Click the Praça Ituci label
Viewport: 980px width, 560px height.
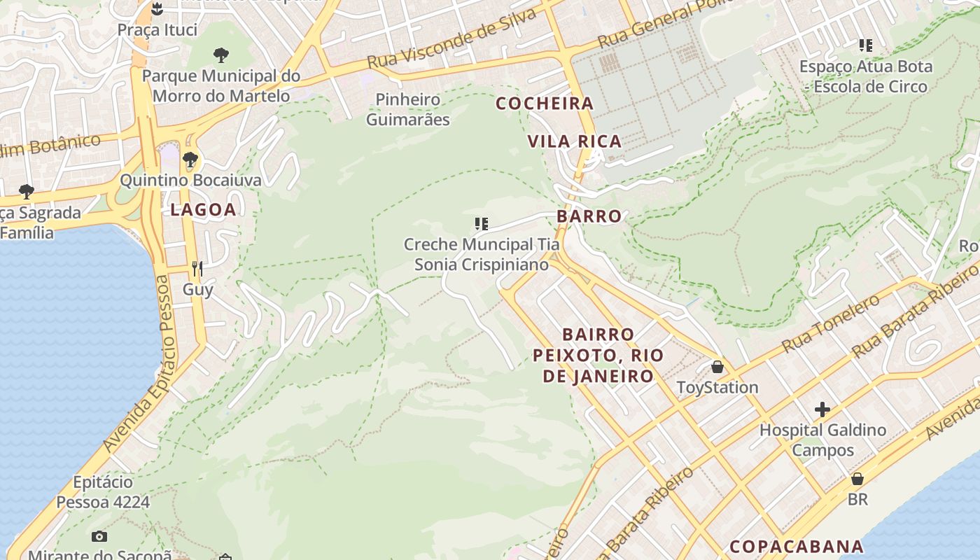tap(157, 30)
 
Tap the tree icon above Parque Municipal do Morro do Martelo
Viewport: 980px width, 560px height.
tap(221, 55)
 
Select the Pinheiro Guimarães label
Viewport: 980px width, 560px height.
tap(408, 109)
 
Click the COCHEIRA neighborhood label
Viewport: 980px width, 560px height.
tap(545, 104)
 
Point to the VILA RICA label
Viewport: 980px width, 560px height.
tap(575, 141)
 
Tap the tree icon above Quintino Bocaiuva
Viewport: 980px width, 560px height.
tap(190, 160)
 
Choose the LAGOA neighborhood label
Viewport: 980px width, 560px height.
tap(203, 209)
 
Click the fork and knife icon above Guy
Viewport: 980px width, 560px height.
tap(197, 269)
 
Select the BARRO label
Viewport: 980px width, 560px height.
tap(589, 216)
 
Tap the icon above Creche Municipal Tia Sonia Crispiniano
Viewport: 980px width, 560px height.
tap(481, 224)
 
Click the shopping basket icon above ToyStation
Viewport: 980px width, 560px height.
tap(717, 367)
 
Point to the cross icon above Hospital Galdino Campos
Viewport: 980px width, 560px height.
tap(822, 409)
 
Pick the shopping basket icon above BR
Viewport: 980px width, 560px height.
tap(857, 479)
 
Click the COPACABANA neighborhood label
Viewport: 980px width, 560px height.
tap(797, 546)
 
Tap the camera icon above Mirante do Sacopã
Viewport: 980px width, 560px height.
tap(99, 536)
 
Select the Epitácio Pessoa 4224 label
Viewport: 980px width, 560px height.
tap(103, 492)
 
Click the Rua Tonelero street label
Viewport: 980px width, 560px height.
tap(830, 323)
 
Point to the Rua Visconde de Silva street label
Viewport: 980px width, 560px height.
tap(452, 38)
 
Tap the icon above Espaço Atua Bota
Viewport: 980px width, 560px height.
tap(866, 45)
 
